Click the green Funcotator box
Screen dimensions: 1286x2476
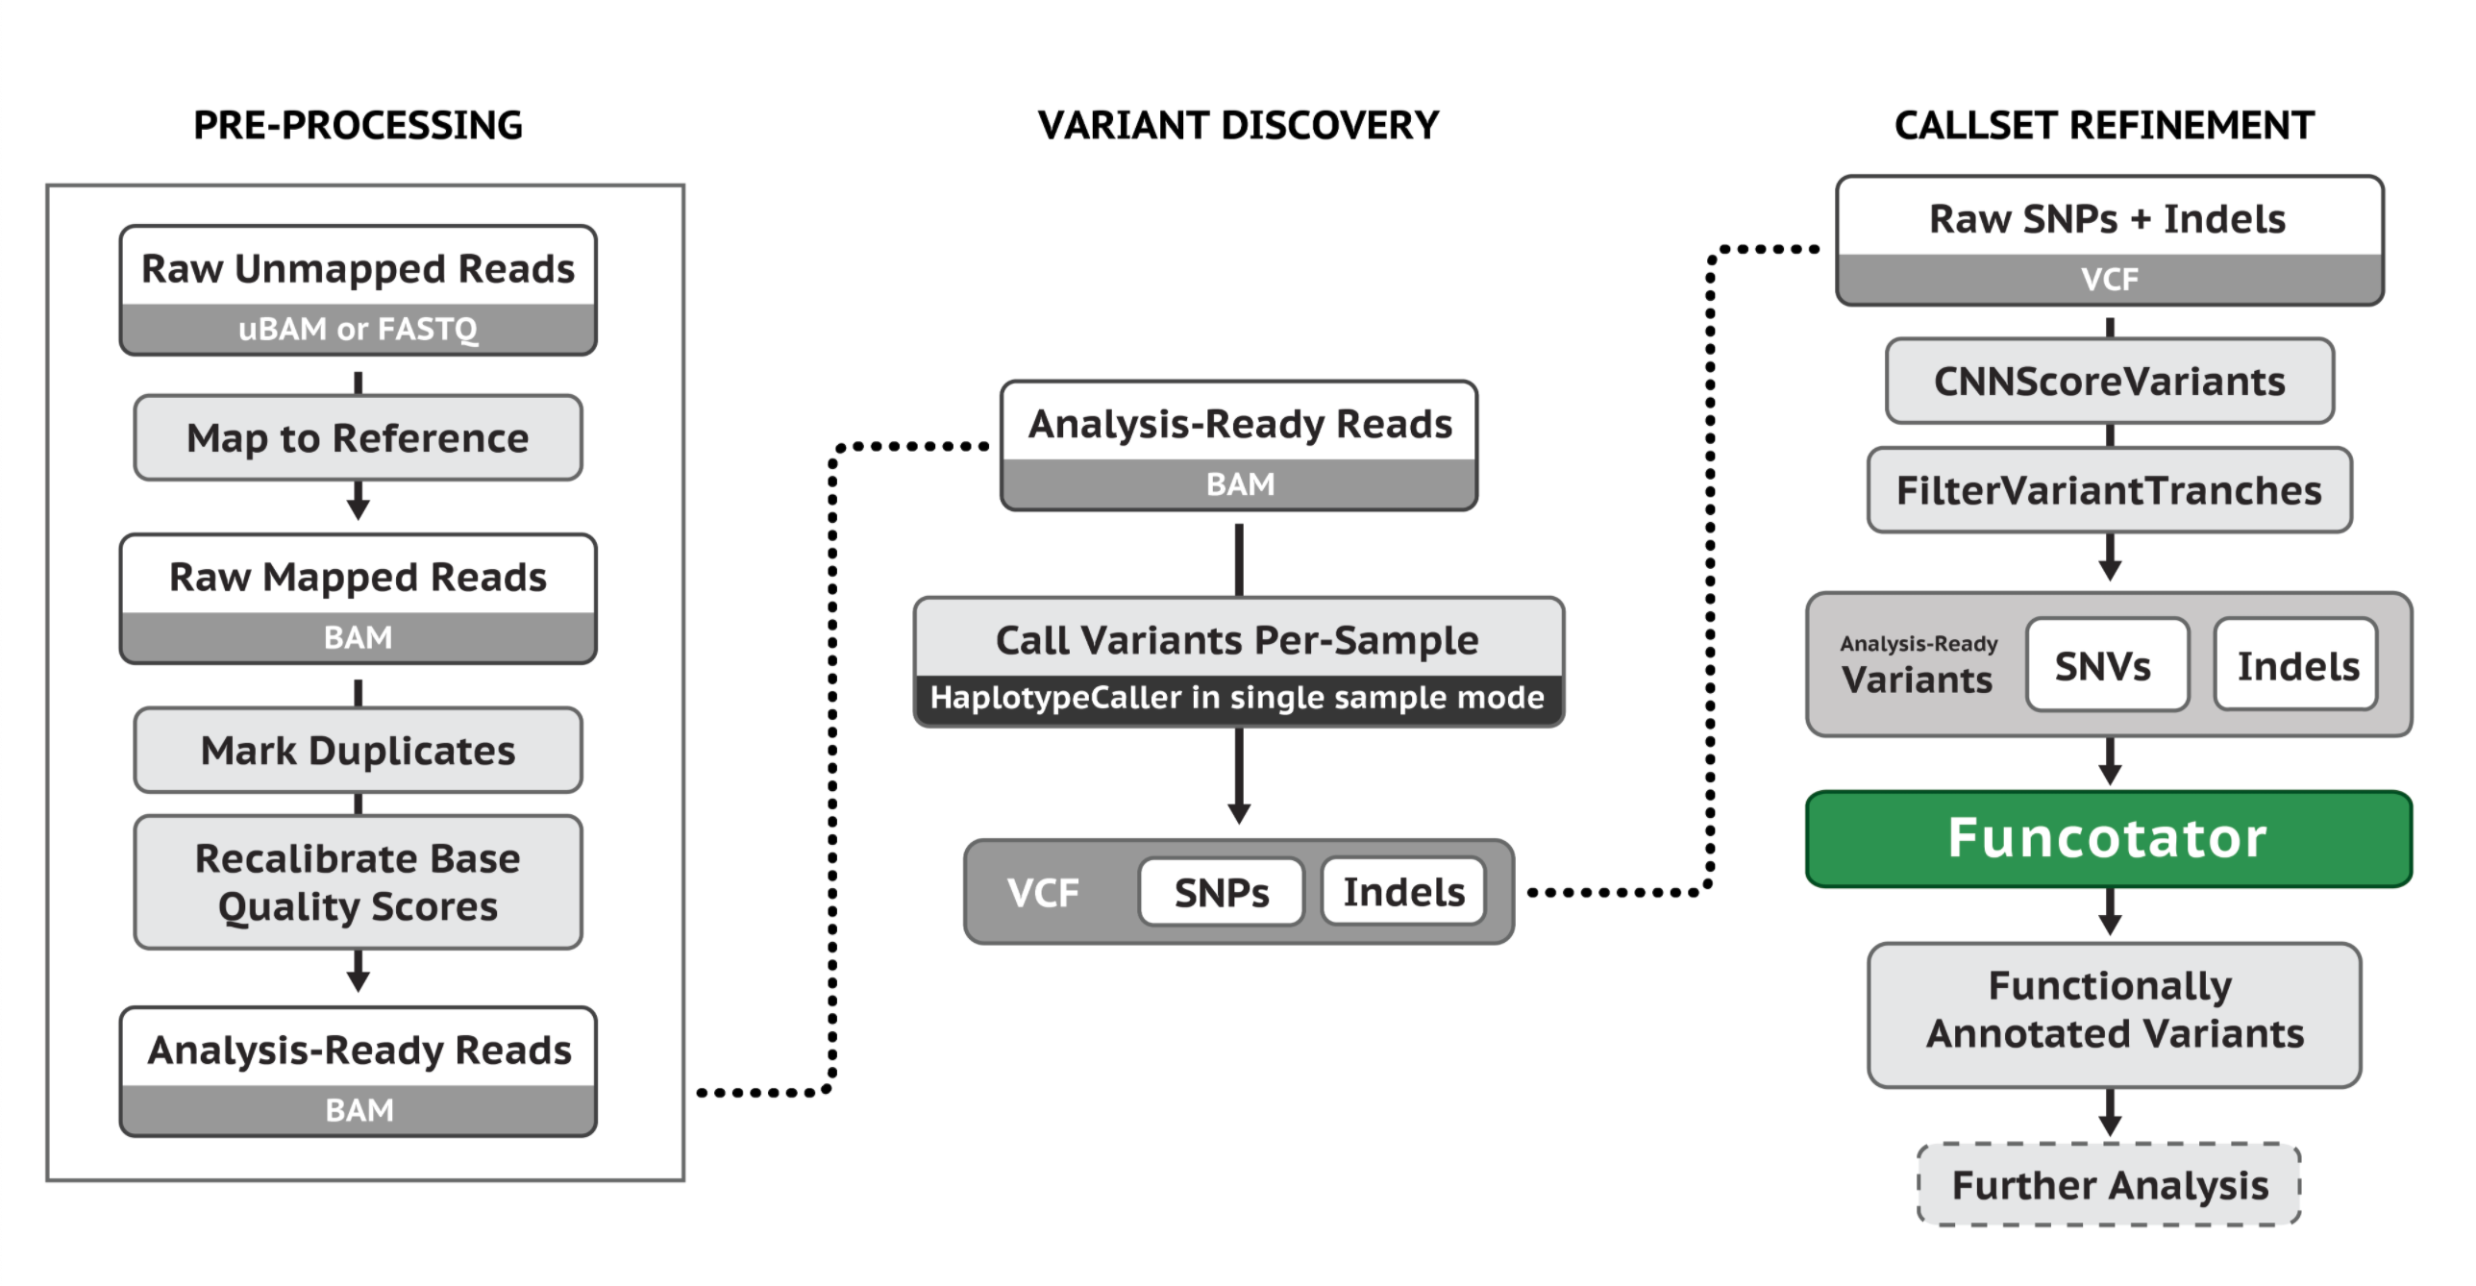(x=2108, y=838)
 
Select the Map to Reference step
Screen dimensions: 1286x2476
(x=358, y=438)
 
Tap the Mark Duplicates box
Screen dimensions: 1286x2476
(x=358, y=751)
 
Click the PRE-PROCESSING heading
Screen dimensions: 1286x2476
(x=358, y=126)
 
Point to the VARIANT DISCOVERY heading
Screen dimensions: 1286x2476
(x=1238, y=126)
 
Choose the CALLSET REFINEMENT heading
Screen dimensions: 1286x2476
(x=2104, y=126)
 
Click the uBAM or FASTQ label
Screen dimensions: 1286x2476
(x=358, y=330)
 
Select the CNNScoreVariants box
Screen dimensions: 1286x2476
(x=2109, y=382)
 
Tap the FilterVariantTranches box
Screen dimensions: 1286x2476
(x=2109, y=490)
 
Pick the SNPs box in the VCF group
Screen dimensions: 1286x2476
(x=1221, y=893)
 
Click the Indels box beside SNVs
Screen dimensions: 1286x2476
(x=2296, y=665)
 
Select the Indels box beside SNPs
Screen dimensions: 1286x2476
(x=1403, y=893)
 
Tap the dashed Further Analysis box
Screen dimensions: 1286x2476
(x=2109, y=1185)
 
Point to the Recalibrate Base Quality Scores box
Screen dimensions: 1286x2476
(x=358, y=882)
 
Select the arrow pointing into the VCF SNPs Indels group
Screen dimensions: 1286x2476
(x=1239, y=779)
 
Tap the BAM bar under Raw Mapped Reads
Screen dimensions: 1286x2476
(x=358, y=638)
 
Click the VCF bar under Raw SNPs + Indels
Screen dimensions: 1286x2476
(x=2109, y=280)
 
